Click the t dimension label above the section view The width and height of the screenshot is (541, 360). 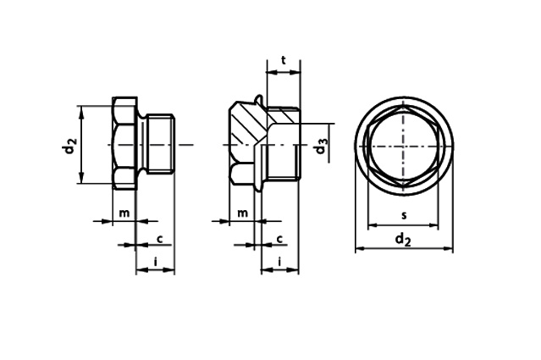[x=284, y=60]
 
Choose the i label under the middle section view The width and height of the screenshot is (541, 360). [x=280, y=259]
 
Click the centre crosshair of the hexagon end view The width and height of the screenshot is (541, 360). [x=403, y=146]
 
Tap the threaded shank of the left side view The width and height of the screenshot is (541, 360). [x=159, y=145]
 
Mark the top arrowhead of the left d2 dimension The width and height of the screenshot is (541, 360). [x=81, y=109]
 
